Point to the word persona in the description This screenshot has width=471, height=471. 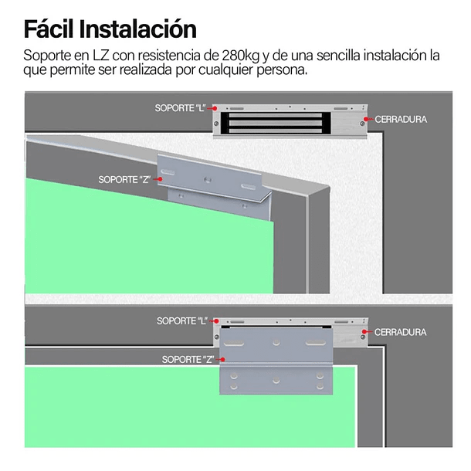point(284,69)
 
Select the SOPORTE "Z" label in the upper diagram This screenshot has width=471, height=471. point(124,179)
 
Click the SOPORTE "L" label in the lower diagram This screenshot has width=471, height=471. point(183,320)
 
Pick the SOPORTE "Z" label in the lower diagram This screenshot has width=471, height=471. point(188,360)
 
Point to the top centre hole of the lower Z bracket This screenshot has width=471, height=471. point(276,341)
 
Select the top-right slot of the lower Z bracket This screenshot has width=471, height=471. point(317,341)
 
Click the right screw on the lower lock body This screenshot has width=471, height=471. point(361,334)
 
